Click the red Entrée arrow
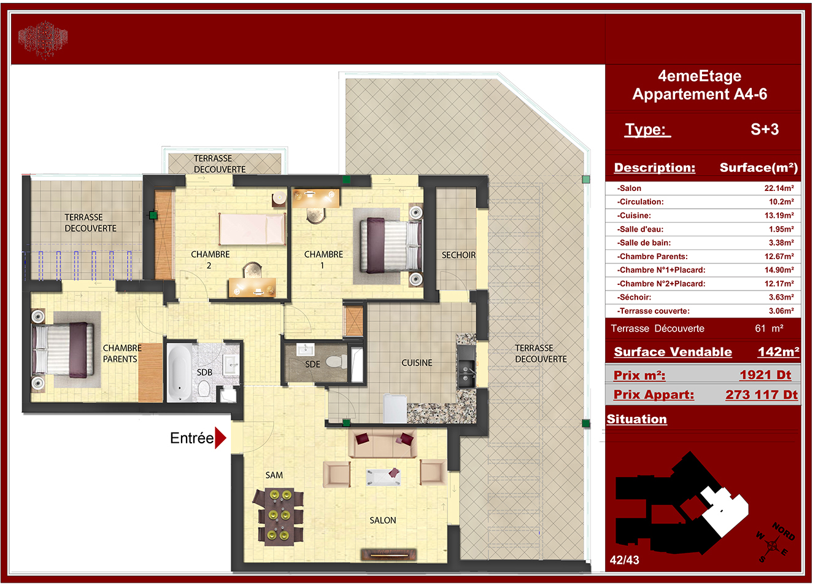click(x=220, y=437)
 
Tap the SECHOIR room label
click(x=458, y=255)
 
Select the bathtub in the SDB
click(x=179, y=372)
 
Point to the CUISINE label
click(x=417, y=362)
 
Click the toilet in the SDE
click(x=336, y=362)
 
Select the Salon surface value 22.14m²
click(x=779, y=188)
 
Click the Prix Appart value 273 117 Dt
click(x=762, y=395)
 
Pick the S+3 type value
click(x=765, y=129)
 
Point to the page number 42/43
click(x=625, y=560)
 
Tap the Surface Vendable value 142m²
click(x=778, y=352)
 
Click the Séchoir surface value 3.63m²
click(x=781, y=297)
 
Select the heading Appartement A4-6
click(x=700, y=94)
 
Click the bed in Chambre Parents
click(x=63, y=350)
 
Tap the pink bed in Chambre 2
click(x=252, y=229)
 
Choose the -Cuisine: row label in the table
click(x=634, y=216)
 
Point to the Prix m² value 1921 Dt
click(x=765, y=375)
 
